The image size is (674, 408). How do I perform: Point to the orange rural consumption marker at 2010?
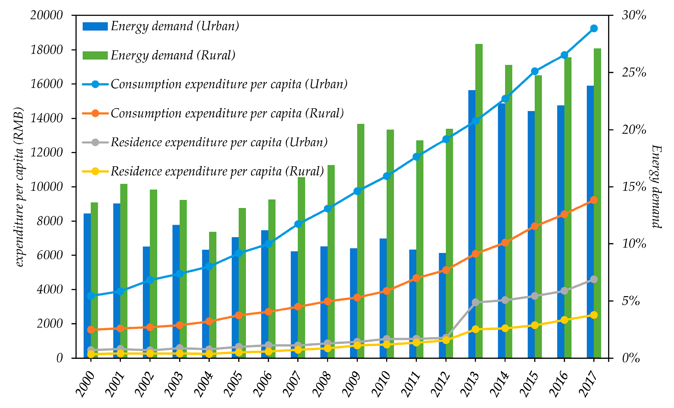(386, 291)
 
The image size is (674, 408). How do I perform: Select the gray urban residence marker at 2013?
(475, 302)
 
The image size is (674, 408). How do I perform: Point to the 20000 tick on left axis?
(46, 15)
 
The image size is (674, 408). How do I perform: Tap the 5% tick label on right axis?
(631, 301)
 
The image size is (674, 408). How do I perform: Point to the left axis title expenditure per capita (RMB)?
(19, 187)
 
